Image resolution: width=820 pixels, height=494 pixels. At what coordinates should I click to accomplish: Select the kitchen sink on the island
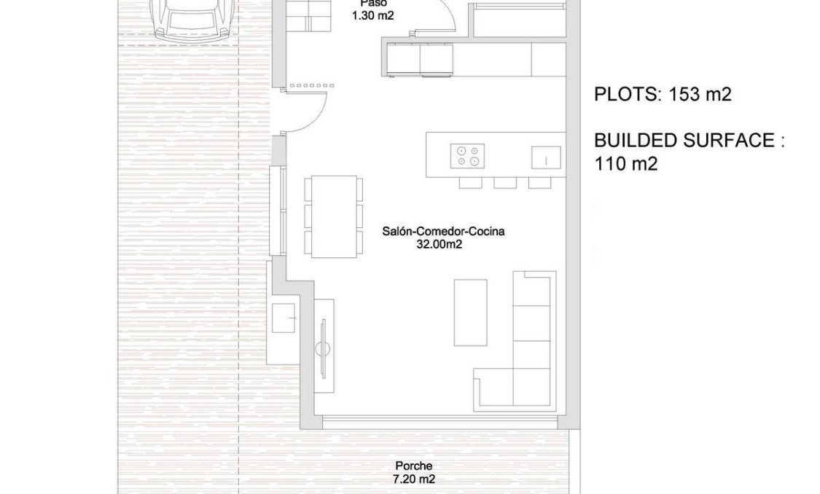(546, 157)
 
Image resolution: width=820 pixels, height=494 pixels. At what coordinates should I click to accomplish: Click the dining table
(335, 216)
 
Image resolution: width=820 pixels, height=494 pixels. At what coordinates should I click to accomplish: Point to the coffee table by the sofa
(470, 312)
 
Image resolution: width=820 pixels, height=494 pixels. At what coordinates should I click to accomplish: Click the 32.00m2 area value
(439, 245)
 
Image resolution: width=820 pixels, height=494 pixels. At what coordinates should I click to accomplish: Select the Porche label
(413, 466)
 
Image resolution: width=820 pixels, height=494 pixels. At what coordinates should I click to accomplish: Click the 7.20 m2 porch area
(414, 479)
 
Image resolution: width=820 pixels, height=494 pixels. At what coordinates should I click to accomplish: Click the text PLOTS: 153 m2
(663, 94)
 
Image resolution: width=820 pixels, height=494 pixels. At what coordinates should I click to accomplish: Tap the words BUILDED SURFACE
(684, 141)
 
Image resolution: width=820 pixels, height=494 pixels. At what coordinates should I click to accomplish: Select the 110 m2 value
(626, 164)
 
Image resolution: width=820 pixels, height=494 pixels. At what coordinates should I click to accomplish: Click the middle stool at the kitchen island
(504, 182)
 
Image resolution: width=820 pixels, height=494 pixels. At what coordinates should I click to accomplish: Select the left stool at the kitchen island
(470, 182)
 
